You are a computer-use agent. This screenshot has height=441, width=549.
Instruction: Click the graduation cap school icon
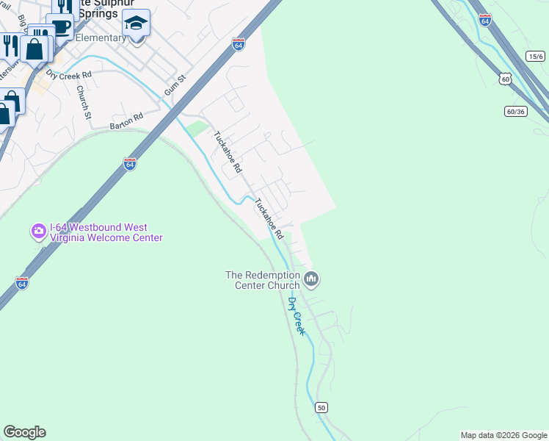point(137,24)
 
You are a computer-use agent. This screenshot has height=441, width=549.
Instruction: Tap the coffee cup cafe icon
point(60,27)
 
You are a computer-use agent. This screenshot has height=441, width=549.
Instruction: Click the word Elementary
point(101,37)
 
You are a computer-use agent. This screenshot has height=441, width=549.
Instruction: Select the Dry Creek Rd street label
point(69,74)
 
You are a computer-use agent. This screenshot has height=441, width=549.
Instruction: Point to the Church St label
point(84,102)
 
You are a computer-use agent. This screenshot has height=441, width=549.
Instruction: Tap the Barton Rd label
point(126,121)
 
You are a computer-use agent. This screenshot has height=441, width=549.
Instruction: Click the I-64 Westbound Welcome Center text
point(105,232)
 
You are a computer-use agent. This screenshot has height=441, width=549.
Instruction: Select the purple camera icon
point(38,232)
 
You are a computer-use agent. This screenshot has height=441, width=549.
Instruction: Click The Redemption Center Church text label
point(263,280)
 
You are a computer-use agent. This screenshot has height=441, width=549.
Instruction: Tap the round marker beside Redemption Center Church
point(311,279)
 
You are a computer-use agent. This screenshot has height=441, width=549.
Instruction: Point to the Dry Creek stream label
point(297,317)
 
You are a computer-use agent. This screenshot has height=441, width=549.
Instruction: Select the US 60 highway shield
point(504,78)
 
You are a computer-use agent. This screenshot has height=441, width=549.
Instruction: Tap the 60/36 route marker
point(516,111)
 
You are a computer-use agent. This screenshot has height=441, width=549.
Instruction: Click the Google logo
point(24,432)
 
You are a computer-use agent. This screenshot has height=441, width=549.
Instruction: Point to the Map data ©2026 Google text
point(503,435)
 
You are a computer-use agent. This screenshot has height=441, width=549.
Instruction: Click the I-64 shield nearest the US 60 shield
point(484,20)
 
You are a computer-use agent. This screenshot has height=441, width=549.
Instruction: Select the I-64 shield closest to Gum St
point(238,44)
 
